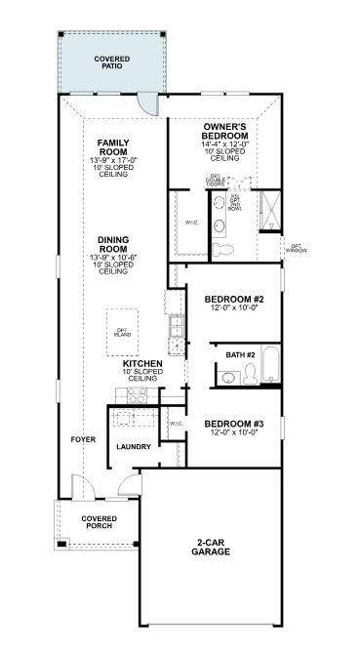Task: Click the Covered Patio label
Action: tap(112, 63)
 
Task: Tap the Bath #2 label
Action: tap(240, 354)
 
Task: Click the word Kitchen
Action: tap(141, 364)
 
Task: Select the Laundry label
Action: tap(133, 447)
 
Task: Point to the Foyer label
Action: tap(83, 439)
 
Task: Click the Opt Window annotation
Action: tap(296, 248)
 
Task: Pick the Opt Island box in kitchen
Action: tap(122, 332)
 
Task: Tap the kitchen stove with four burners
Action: tap(136, 395)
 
